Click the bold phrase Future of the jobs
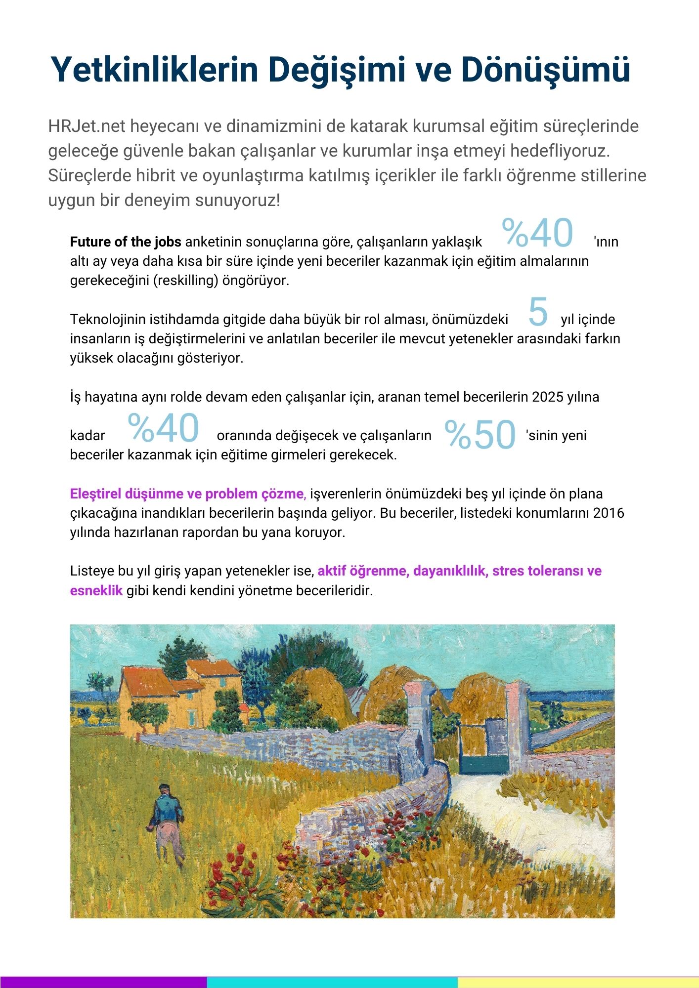(126, 242)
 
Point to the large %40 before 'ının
(537, 233)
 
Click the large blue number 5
(538, 312)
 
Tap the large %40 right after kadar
(163, 428)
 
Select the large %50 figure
(480, 435)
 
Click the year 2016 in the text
(609, 513)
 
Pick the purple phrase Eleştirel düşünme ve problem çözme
(188, 494)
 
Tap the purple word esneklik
(96, 591)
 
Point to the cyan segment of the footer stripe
(331, 982)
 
